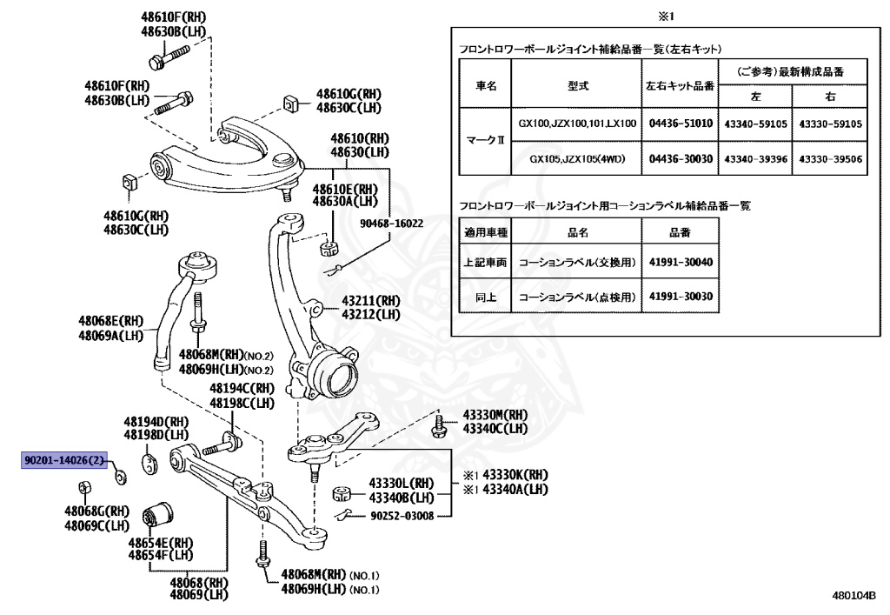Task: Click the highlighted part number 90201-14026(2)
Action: [x=63, y=460]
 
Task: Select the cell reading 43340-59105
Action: [x=754, y=124]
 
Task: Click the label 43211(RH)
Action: [x=370, y=300]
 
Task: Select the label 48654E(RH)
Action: [x=161, y=542]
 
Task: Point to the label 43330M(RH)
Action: [x=494, y=415]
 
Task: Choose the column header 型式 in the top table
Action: [x=576, y=85]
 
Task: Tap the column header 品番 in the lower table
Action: [x=680, y=232]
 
